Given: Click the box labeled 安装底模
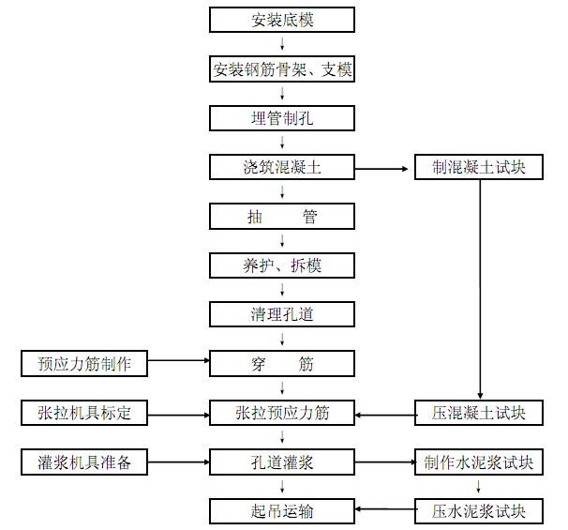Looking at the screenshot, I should (x=282, y=20).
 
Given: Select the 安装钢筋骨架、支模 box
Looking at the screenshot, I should (x=282, y=69).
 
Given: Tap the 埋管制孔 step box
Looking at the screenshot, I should (x=282, y=118).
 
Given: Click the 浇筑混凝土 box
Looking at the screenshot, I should (x=282, y=168).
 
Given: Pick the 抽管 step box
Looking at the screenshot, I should (x=282, y=217).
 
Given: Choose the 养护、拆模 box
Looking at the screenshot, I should (x=282, y=265).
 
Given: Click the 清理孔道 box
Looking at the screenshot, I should (x=282, y=314).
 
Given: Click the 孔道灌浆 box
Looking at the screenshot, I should (x=282, y=462).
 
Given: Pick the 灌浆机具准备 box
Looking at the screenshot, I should (x=84, y=462).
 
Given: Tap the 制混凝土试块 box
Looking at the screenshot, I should (x=479, y=168).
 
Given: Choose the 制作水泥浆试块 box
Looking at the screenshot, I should (x=479, y=462).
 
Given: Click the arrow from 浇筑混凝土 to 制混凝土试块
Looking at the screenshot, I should (x=385, y=169).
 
